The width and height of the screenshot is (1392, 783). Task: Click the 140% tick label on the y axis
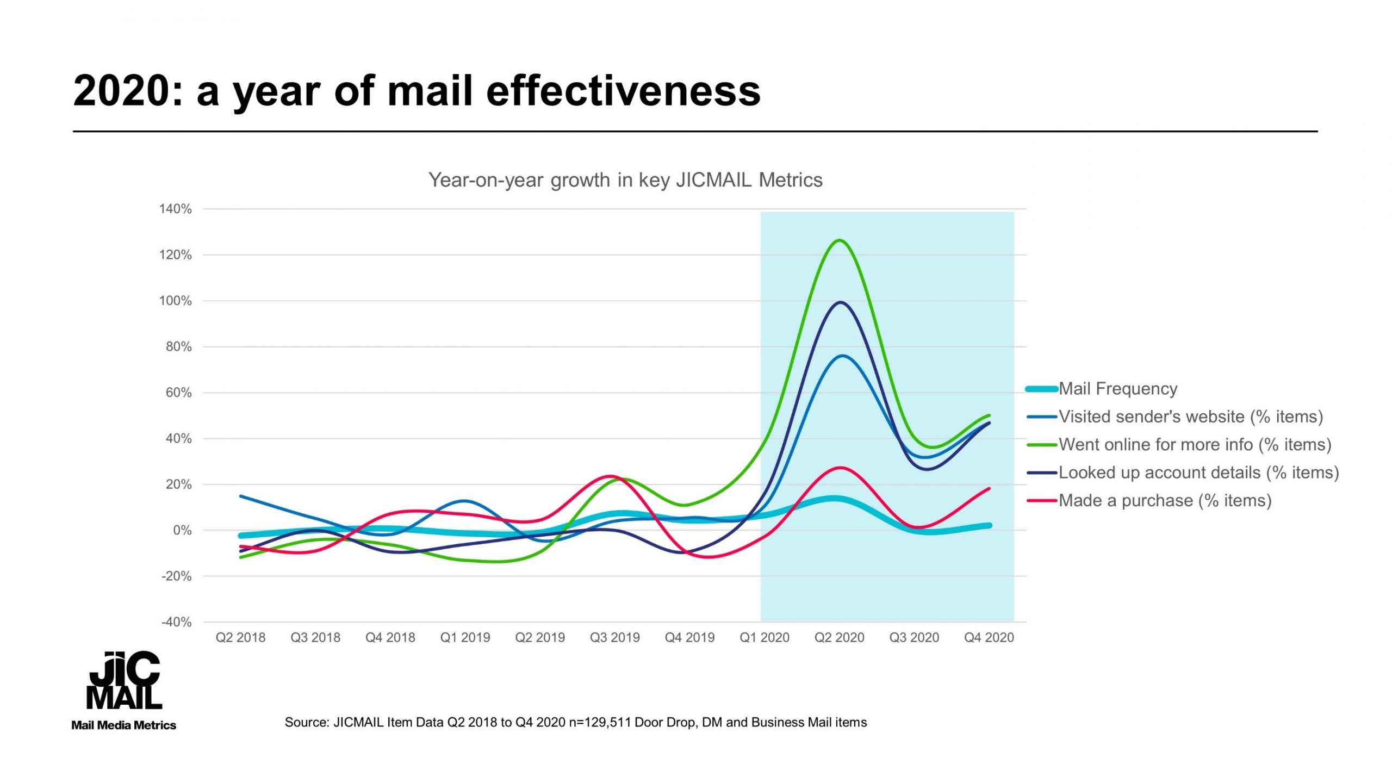click(x=175, y=209)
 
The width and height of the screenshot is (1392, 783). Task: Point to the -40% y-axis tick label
click(x=176, y=622)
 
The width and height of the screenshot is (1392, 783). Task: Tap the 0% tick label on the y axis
click(x=182, y=530)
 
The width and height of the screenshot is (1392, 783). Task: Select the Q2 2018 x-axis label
click(x=240, y=637)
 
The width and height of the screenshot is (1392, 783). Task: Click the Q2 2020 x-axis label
click(x=839, y=637)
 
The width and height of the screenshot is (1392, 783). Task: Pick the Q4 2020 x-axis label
click(x=989, y=637)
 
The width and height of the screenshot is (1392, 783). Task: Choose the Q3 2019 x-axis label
click(x=614, y=637)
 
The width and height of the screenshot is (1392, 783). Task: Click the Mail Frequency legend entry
click(x=1117, y=389)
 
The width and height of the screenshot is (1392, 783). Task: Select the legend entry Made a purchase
click(x=1165, y=500)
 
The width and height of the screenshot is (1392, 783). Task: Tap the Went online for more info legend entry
click(x=1195, y=444)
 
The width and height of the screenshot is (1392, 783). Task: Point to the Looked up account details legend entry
click(x=1198, y=473)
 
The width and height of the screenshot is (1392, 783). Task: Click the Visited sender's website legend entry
click(x=1190, y=417)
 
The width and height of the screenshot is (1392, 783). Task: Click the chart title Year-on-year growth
click(x=625, y=180)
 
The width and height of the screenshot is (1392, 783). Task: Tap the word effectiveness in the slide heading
click(x=623, y=91)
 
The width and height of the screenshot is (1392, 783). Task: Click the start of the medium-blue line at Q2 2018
click(x=241, y=496)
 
